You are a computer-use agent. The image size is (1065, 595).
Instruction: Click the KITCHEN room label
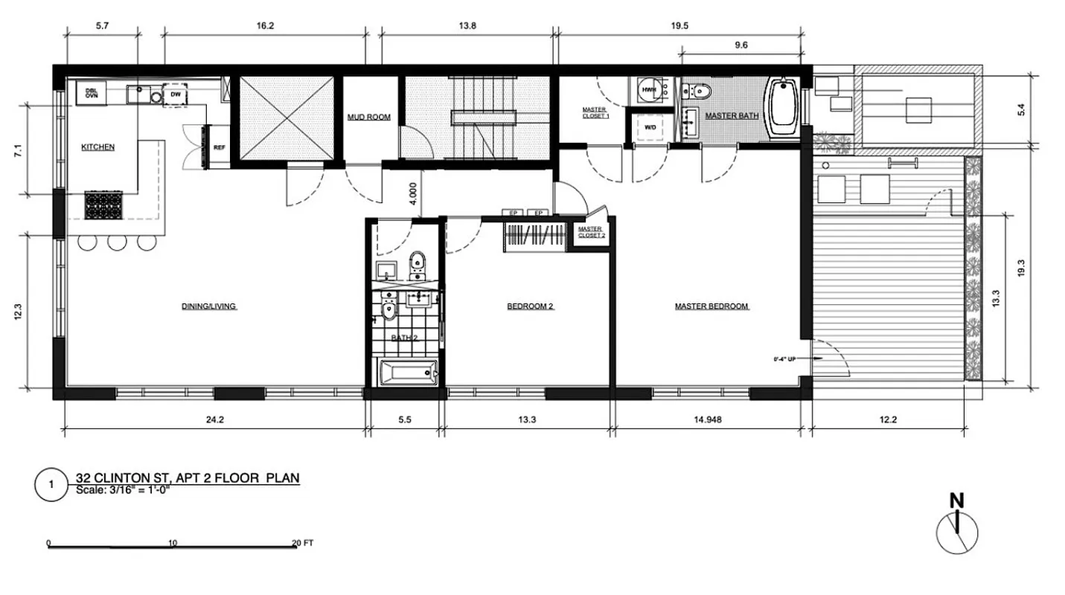point(97,147)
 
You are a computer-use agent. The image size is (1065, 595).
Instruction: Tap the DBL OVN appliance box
point(92,93)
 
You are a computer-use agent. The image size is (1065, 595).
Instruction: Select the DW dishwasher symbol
point(176,95)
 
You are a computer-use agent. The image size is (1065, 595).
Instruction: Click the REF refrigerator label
point(220,148)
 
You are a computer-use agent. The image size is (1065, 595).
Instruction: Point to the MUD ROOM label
point(369,118)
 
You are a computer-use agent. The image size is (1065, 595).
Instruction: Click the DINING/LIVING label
point(209,306)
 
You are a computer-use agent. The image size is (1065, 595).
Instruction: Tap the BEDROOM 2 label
point(531,306)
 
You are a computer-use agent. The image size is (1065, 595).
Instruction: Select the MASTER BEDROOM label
point(711,306)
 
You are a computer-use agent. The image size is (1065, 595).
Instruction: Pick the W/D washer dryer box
point(650,127)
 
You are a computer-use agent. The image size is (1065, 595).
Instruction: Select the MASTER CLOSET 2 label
point(589,233)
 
